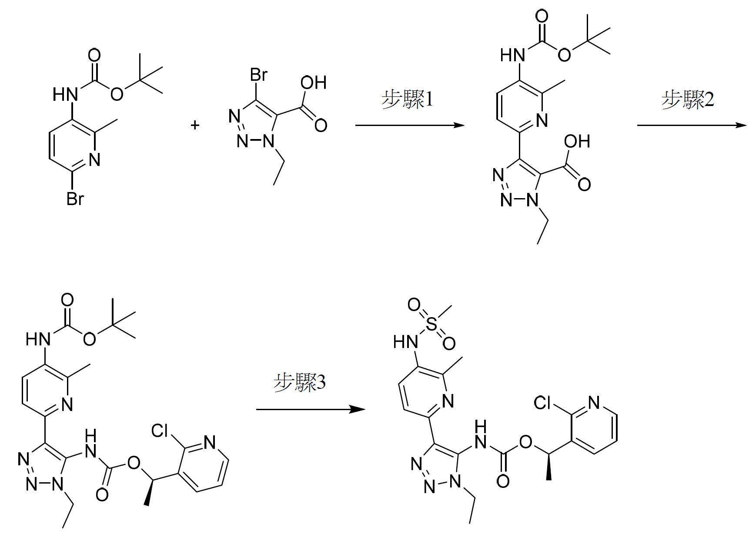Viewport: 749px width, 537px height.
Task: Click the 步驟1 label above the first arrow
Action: coord(407,100)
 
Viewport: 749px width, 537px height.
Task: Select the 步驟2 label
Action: coord(688,100)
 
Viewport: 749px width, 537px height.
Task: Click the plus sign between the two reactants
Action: coord(195,126)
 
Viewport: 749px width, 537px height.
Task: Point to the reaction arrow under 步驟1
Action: coord(410,126)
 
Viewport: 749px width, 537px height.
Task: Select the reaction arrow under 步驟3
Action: coord(311,409)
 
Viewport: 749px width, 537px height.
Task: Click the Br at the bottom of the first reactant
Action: coord(75,199)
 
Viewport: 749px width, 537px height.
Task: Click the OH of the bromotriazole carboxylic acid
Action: coord(314,83)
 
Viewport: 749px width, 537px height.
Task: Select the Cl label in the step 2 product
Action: coord(160,431)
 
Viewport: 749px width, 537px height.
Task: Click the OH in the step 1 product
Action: coord(577,141)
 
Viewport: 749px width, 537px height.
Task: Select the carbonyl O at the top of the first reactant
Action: coord(94,56)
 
